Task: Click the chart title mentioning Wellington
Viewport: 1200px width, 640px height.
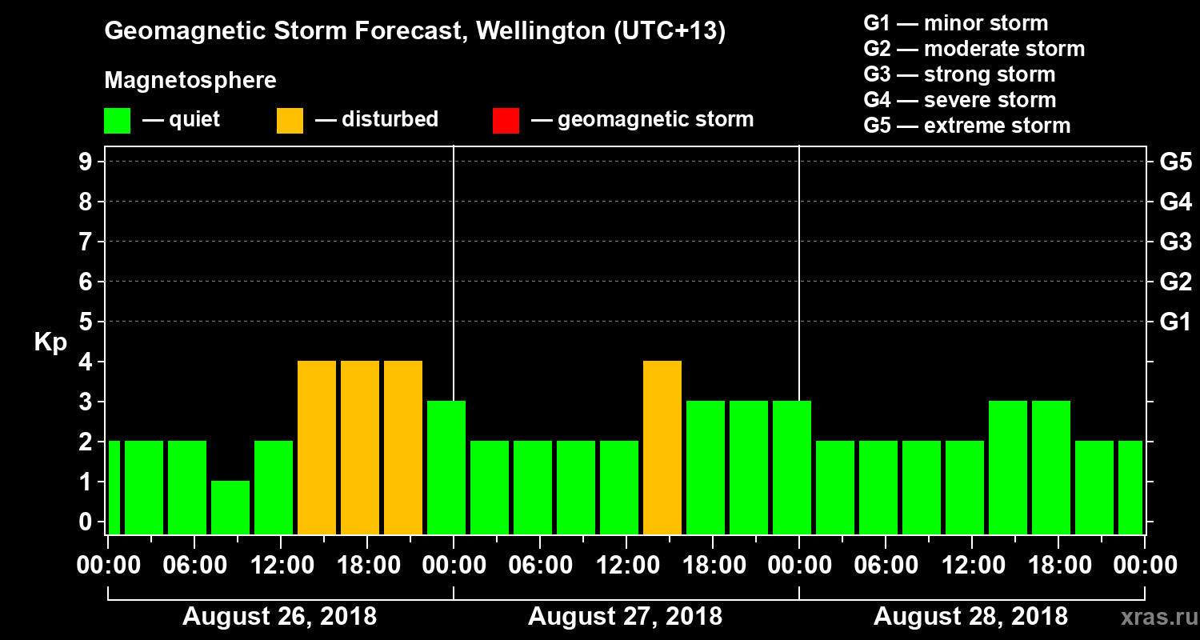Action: coord(415,32)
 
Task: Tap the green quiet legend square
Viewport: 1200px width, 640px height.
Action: coord(117,120)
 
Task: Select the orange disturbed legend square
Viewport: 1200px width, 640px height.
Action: coord(290,120)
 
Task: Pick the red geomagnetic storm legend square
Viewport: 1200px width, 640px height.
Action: coord(506,120)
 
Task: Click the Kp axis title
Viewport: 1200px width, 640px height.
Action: coord(50,342)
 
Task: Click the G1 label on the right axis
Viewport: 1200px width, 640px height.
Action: coord(1175,322)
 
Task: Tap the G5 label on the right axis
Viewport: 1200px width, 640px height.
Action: coord(1175,162)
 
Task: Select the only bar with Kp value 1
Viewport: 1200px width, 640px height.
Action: coord(230,507)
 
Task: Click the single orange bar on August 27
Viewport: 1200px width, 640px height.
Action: coord(662,447)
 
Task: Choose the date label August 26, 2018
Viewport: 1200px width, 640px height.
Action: coord(280,617)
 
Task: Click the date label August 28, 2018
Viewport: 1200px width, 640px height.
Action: coord(970,617)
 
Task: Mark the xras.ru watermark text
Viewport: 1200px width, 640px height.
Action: coord(1153,616)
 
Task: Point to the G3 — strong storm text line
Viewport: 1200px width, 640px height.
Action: coord(959,74)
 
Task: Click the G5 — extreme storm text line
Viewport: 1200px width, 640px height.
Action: coord(966,126)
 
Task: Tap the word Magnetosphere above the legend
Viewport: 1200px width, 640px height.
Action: coord(190,81)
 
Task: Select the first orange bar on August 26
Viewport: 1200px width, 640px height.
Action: coord(317,447)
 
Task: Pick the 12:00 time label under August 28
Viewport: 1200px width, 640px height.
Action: coord(970,565)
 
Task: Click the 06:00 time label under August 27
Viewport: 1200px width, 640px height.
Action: coord(539,565)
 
